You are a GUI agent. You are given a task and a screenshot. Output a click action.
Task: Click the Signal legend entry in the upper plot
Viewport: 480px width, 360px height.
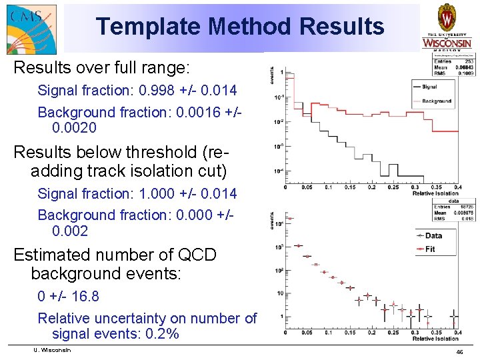tap(429, 87)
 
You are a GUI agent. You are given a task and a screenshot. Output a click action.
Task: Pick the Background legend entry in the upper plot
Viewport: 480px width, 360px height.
tap(436, 101)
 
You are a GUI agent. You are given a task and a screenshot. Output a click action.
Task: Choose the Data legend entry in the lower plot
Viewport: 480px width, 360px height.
tap(433, 235)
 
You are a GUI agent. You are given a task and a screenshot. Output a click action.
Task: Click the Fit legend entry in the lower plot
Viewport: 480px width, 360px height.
tap(429, 249)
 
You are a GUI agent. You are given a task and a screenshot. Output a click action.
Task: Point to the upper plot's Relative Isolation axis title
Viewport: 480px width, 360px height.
tap(436, 194)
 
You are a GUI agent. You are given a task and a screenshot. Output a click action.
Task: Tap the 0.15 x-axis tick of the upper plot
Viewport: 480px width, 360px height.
tap(349, 187)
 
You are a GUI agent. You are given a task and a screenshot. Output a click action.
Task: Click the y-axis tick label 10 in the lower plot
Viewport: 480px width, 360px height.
tap(279, 293)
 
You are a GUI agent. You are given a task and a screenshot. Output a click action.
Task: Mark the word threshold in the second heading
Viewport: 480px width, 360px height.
tap(161, 152)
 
